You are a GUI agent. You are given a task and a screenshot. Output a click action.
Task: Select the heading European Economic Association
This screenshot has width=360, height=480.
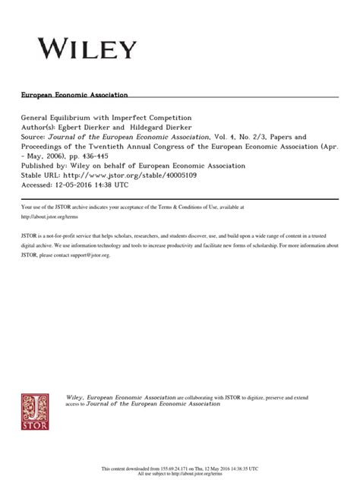[74, 96]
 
